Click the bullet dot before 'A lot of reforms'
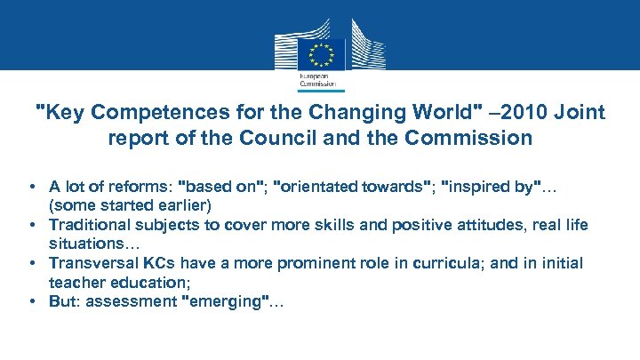click(x=31, y=187)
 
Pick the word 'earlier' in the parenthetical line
click(x=185, y=205)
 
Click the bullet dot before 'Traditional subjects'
click(x=31, y=225)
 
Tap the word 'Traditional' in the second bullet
click(x=88, y=225)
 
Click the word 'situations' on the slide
click(x=85, y=244)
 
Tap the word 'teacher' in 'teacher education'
click(x=76, y=282)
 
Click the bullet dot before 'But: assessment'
click(x=31, y=301)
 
